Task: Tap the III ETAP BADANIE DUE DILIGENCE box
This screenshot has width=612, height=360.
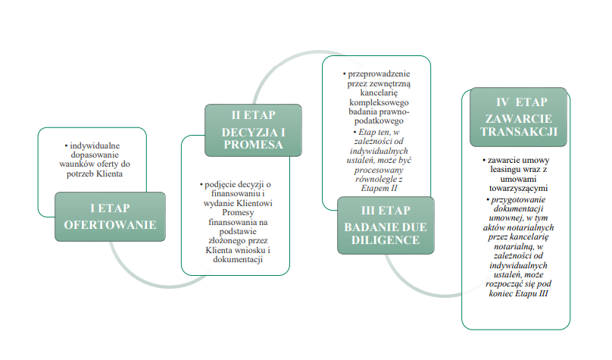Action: coord(386,225)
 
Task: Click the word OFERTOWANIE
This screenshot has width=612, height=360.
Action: coord(111,224)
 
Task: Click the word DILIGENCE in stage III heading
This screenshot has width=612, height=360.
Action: coord(386,239)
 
